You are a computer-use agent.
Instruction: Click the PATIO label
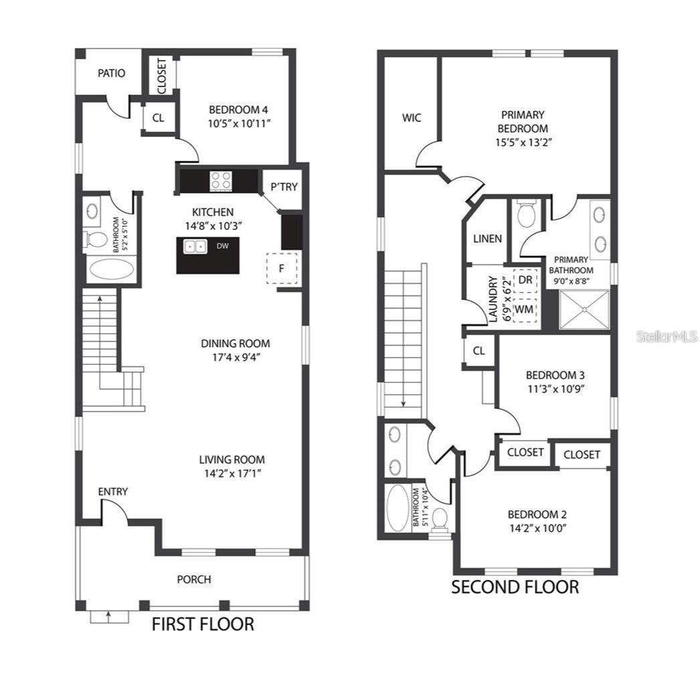111,74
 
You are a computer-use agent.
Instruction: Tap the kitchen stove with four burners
221,179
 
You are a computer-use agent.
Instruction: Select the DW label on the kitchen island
223,246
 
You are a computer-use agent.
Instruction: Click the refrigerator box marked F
281,269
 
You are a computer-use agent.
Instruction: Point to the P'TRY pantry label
283,187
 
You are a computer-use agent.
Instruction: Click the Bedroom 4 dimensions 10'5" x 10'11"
239,123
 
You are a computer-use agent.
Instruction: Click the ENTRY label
113,492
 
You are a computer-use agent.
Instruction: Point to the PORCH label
194,579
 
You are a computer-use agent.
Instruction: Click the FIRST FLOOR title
203,624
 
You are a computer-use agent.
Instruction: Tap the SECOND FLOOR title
515,587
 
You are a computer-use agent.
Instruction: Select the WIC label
412,118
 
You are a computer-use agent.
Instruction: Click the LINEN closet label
487,239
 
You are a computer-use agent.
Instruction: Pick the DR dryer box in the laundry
526,279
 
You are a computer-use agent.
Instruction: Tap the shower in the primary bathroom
584,309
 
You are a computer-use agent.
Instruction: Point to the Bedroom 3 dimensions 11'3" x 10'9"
556,388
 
